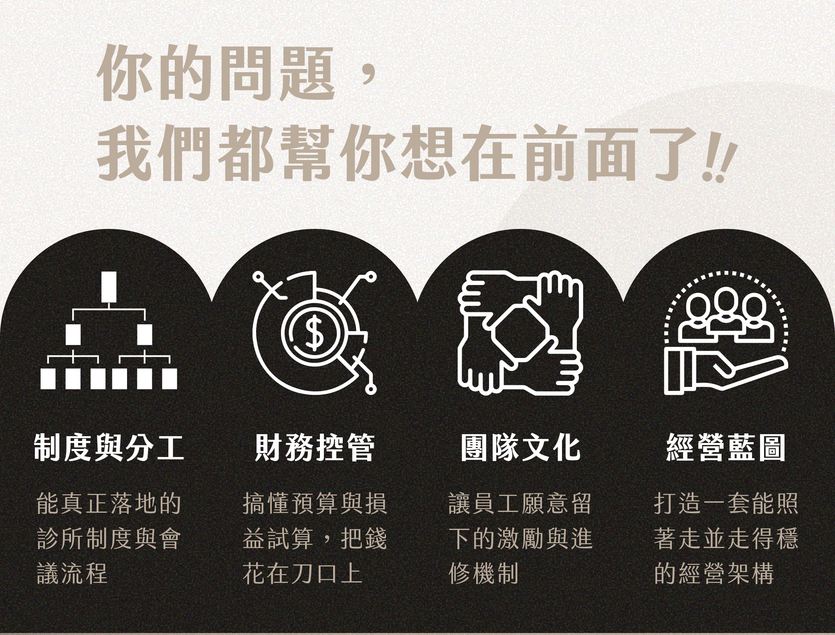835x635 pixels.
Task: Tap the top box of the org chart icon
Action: click(108, 287)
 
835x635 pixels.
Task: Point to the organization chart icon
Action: click(108, 331)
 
